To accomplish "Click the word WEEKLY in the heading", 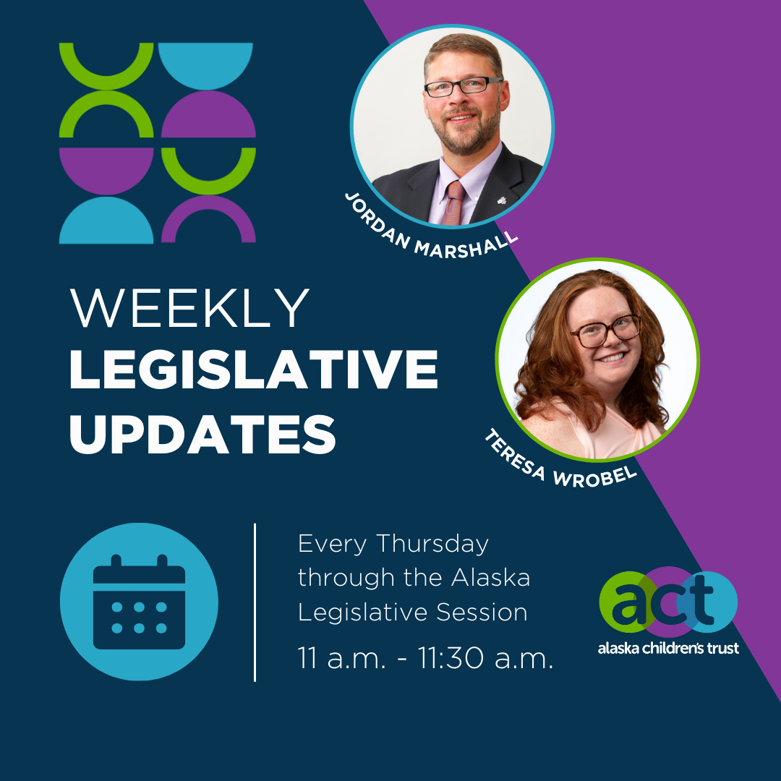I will pos(190,309).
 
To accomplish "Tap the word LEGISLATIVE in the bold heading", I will pos(253,371).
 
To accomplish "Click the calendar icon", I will pos(139,602).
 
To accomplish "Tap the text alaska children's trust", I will pos(668,648).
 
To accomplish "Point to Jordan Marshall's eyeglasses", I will pos(463,87).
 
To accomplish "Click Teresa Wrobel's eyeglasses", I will pos(605,330).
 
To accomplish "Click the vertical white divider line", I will pos(255,602).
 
